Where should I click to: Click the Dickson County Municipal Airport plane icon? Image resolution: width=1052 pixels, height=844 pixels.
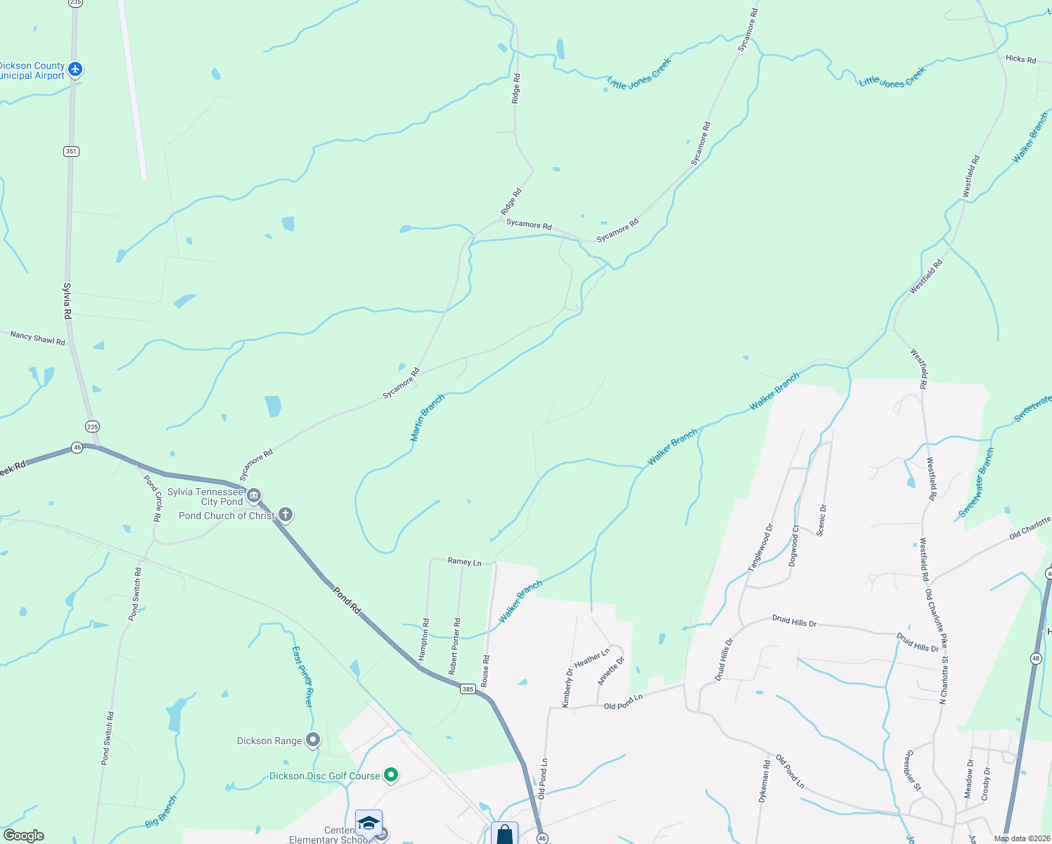75,70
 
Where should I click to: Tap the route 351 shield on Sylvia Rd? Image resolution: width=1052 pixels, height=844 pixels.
70,151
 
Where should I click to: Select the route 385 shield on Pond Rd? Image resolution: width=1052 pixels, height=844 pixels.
468,689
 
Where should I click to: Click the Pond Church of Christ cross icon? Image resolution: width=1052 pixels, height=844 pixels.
285,515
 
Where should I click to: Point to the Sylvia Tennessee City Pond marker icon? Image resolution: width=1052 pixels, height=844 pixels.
254,496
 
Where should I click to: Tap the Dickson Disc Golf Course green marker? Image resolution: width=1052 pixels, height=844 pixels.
391,775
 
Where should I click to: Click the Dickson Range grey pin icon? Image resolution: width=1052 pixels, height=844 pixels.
313,740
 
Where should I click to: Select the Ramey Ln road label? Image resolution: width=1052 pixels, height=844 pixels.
464,561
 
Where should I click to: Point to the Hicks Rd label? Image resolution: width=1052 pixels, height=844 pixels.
1020,59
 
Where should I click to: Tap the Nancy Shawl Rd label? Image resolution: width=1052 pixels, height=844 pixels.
37,338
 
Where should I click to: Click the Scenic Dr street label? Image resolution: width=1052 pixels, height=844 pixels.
821,520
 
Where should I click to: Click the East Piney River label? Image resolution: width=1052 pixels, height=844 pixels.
302,676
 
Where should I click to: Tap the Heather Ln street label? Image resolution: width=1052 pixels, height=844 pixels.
591,658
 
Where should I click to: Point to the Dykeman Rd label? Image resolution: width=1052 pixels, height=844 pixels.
764,780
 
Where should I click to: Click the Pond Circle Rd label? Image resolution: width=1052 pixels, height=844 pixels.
153,498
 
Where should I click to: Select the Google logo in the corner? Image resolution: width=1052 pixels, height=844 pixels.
23,835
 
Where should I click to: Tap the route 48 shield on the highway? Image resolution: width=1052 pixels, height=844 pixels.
1036,658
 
